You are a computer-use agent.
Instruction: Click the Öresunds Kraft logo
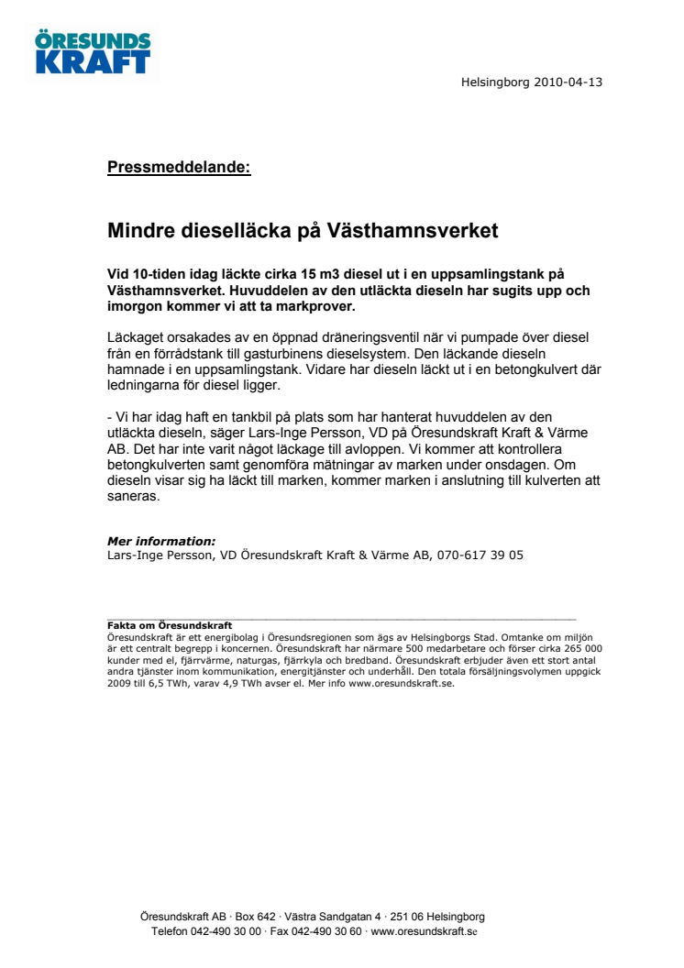pos(93,52)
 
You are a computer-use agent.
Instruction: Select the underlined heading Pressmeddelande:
pos(179,167)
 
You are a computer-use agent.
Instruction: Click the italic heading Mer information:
pos(161,541)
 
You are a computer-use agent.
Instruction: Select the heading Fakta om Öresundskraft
pos(170,625)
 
